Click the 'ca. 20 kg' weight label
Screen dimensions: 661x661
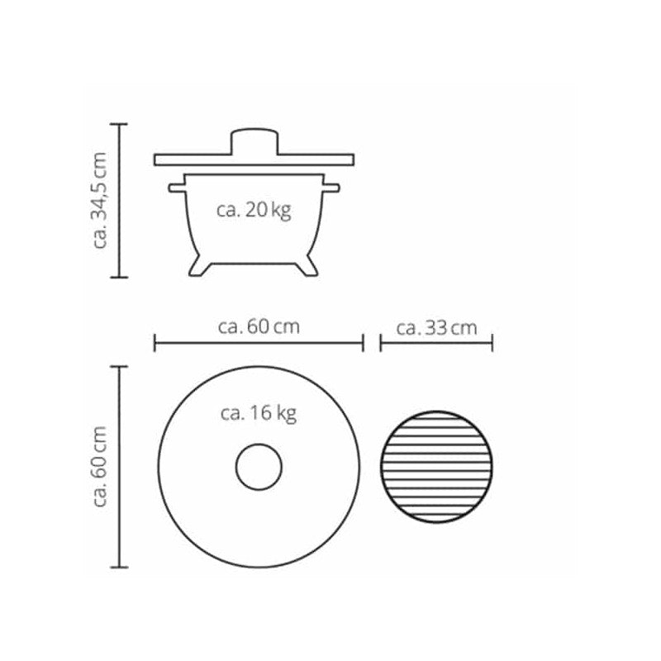[254, 210]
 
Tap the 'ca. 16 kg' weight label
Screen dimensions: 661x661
[259, 413]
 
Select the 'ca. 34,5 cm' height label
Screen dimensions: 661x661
[99, 201]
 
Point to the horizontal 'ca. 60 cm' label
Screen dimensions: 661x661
[259, 326]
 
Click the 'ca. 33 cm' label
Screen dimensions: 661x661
[437, 328]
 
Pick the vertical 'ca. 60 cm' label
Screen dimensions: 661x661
[99, 466]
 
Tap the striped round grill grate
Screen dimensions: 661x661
[436, 467]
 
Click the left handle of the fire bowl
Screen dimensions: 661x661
[177, 188]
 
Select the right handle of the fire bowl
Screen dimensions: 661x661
[331, 188]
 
